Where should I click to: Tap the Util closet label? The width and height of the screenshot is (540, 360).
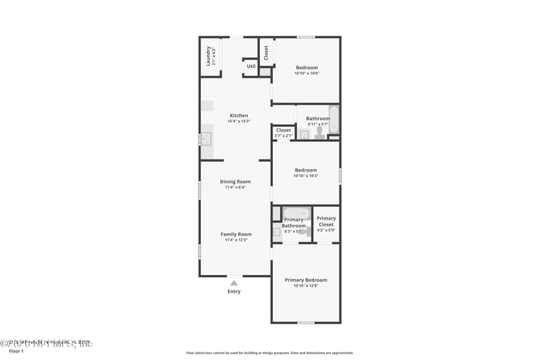pos(251,66)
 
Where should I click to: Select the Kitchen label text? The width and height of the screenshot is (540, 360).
pos(238,115)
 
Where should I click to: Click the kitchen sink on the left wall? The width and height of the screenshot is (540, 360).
pos(205,140)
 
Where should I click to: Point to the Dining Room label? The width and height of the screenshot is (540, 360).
pos(235,182)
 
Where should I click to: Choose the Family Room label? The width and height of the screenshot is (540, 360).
pos(236,234)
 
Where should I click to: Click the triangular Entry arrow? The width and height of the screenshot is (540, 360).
pos(234,283)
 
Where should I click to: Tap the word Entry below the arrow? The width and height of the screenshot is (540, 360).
pos(234,292)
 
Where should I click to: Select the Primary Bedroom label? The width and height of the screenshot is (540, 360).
pos(306,280)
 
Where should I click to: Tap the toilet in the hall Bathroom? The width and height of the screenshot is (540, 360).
pos(318,133)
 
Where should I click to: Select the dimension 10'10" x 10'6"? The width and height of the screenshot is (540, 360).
pos(306,74)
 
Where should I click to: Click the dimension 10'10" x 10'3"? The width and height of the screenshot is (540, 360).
pos(306,176)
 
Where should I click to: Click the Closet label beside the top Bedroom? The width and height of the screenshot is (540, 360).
pos(266,52)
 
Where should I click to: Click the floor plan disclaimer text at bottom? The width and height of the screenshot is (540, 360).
pos(269,353)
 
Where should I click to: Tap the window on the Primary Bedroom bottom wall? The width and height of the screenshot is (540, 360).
pos(306,322)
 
